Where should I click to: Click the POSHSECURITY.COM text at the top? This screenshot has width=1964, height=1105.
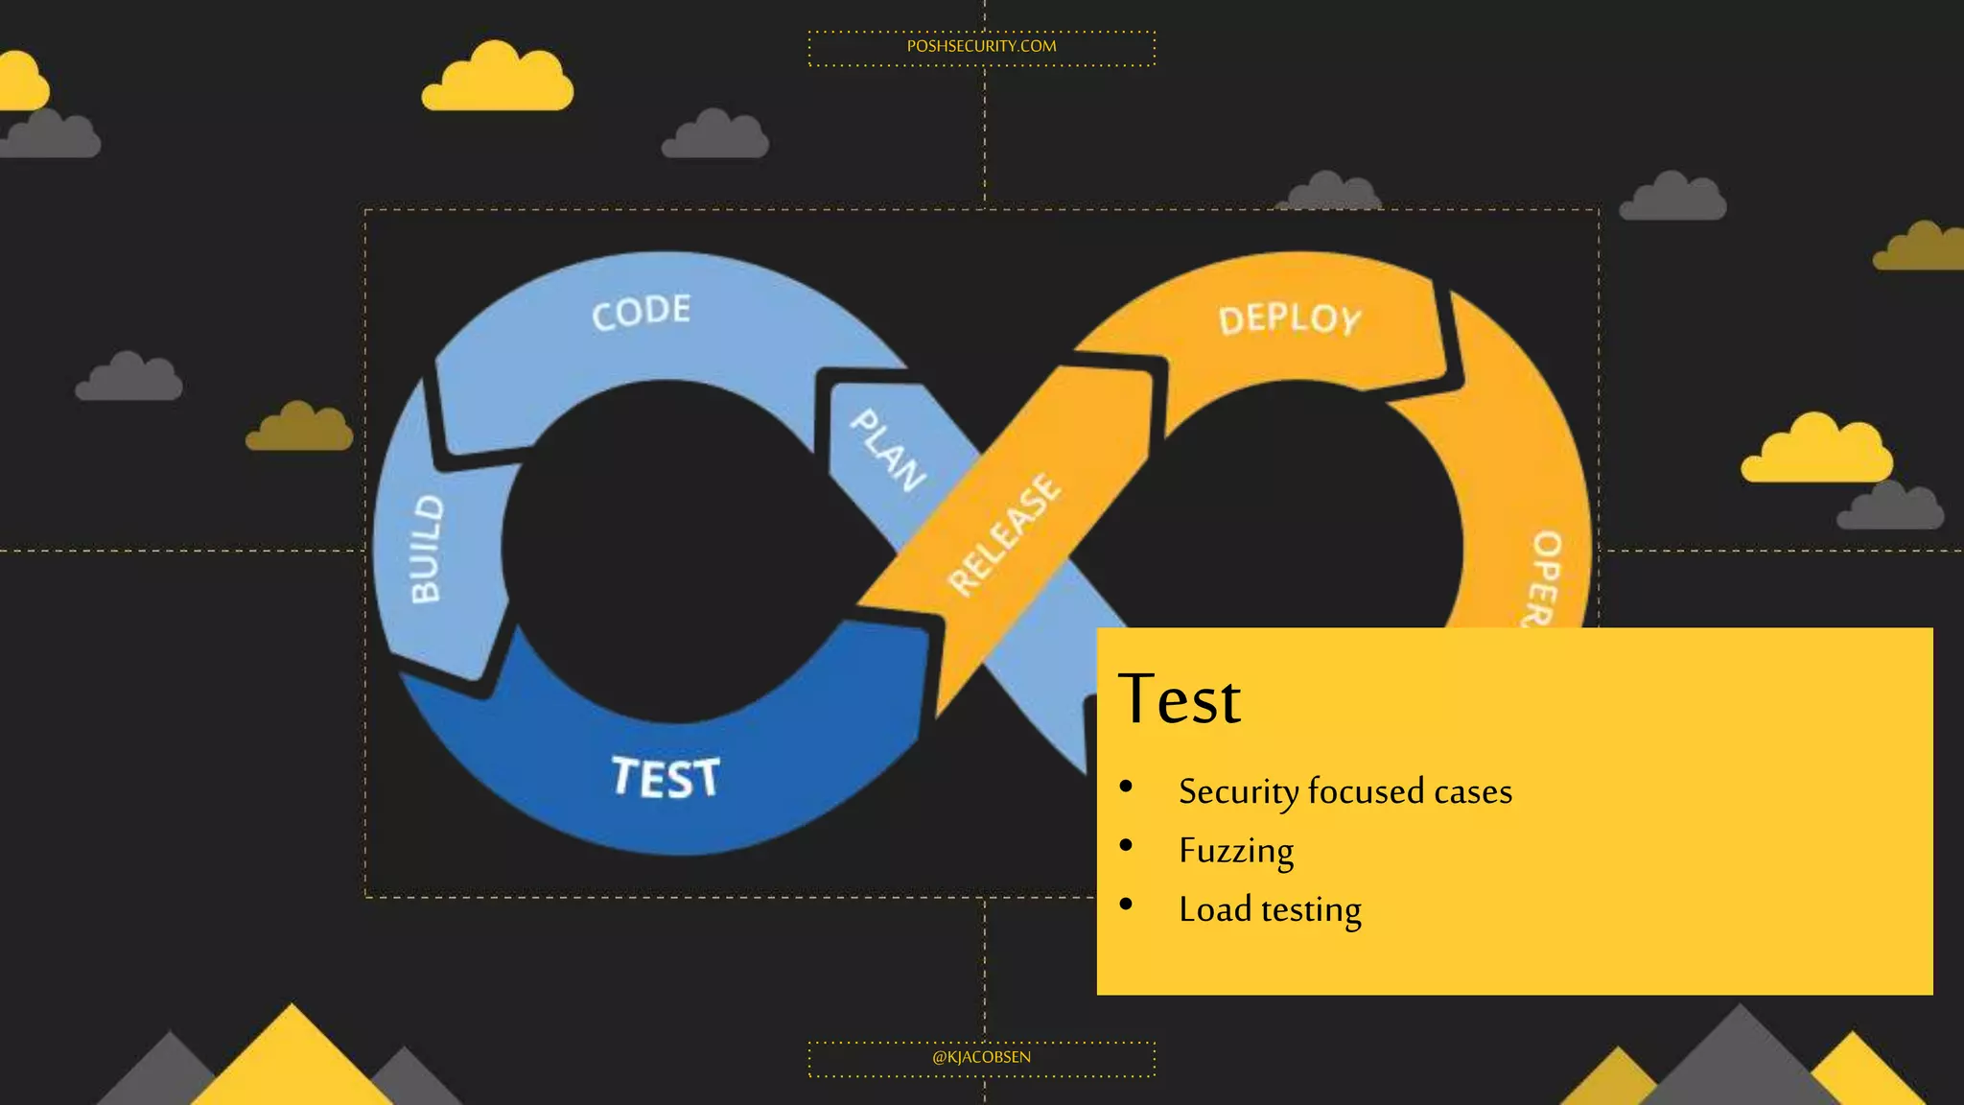click(x=981, y=46)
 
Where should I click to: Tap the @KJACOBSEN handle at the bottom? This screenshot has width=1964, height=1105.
click(x=981, y=1057)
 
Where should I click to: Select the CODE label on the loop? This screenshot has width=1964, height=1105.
click(x=641, y=312)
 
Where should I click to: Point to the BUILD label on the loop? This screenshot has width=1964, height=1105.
click(x=426, y=549)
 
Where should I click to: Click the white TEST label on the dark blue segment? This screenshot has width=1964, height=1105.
click(x=666, y=777)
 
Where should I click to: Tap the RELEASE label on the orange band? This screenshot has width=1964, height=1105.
click(x=1004, y=534)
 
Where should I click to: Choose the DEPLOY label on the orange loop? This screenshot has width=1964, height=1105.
click(x=1290, y=319)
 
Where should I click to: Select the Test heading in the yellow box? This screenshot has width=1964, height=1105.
click(x=1179, y=699)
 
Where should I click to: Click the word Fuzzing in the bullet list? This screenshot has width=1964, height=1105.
click(x=1236, y=851)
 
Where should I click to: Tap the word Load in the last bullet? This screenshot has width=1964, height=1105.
click(x=1215, y=909)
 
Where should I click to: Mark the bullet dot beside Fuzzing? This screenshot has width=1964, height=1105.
click(x=1126, y=846)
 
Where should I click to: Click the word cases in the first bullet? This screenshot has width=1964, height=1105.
click(x=1473, y=792)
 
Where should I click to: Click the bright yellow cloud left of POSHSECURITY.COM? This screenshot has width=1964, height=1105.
click(x=497, y=79)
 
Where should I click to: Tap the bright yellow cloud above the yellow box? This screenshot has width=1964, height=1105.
click(x=1816, y=451)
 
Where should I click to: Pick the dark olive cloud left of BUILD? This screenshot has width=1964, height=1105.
click(x=299, y=429)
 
